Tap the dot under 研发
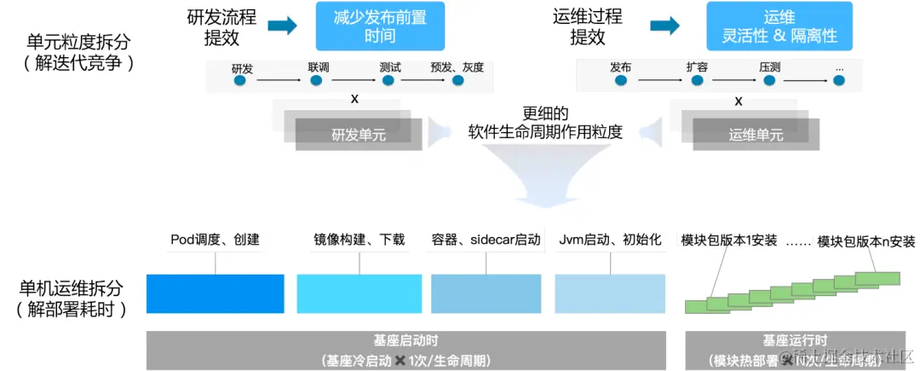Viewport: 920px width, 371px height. [239, 81]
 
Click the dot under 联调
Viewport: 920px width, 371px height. [316, 81]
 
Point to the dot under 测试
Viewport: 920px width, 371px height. [388, 81]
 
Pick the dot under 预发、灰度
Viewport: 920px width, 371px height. [459, 81]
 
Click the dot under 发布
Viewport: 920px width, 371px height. [621, 81]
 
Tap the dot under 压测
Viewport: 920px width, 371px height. [768, 81]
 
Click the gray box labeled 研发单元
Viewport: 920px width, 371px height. [359, 135]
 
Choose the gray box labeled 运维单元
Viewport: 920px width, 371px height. [756, 135]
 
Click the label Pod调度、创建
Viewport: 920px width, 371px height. [215, 240]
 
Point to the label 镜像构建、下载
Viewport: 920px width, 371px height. [359, 240]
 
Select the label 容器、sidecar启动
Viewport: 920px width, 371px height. [486, 240]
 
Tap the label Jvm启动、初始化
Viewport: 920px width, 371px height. [609, 240]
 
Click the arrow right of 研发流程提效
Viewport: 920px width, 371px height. [282, 26]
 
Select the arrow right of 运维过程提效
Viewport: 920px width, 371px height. [664, 26]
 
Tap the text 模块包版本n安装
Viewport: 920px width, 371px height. [865, 241]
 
